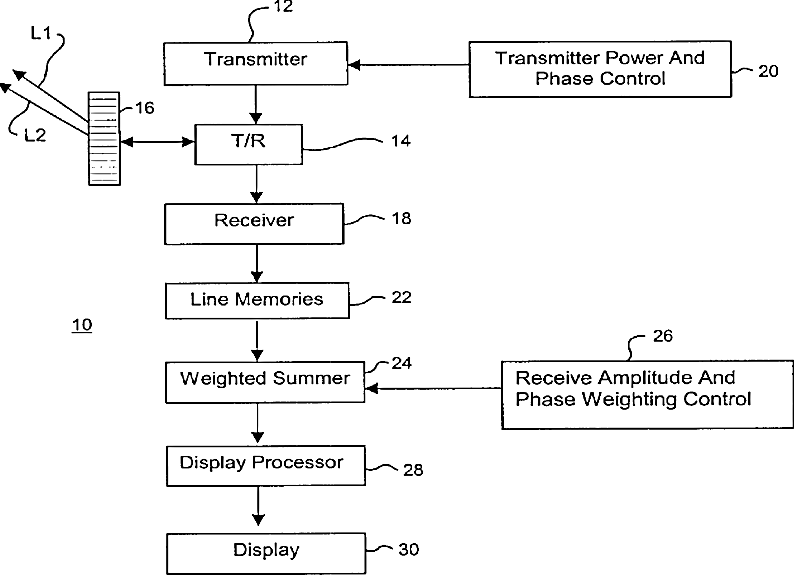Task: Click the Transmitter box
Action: point(256,63)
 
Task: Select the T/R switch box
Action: point(249,144)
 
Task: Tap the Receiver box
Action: point(254,224)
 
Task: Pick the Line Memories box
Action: point(257,301)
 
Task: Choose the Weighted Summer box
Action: point(265,382)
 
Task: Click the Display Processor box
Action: point(266,466)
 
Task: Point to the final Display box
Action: point(266,553)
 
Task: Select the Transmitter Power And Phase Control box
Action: point(600,69)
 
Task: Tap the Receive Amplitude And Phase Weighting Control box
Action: point(647,395)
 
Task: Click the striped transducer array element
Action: point(104,139)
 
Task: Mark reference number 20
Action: point(768,71)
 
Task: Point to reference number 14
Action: point(401,141)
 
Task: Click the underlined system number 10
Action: point(82,325)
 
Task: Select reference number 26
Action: point(663,336)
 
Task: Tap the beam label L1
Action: point(41,34)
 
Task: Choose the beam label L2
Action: point(35,135)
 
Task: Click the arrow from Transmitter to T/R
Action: point(256,104)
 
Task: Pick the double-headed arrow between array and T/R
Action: point(157,142)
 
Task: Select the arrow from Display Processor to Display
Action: point(258,506)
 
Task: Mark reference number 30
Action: point(409,550)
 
